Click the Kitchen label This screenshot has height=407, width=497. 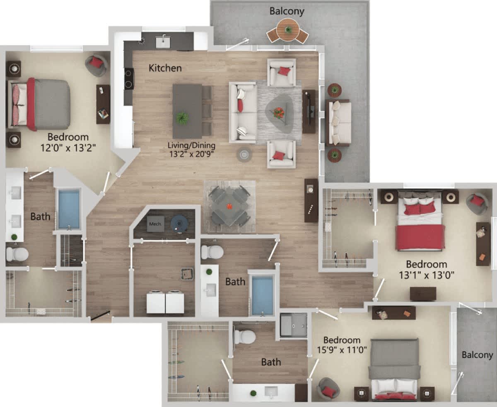point(165,68)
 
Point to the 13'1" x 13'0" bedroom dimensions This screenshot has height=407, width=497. point(426,275)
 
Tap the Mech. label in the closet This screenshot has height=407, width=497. point(155,224)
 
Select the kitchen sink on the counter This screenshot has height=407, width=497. point(163,41)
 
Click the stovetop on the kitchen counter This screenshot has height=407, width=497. point(129,78)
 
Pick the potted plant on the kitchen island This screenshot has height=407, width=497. point(182,118)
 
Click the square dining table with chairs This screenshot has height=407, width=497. point(229,206)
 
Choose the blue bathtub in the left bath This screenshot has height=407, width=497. point(69,209)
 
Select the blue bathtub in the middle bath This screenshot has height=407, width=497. point(263,295)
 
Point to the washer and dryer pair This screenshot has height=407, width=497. point(165,302)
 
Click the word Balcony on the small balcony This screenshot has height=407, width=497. point(478,355)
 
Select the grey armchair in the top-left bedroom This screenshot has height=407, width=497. point(97,65)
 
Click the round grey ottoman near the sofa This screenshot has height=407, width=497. point(244,154)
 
